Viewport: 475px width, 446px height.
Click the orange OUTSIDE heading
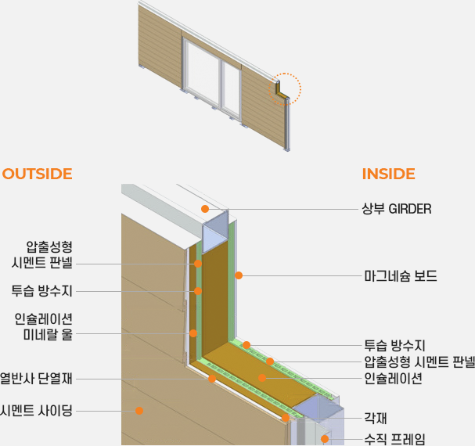point(37,174)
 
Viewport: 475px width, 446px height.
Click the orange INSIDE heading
point(388,174)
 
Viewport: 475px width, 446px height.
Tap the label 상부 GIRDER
point(397,209)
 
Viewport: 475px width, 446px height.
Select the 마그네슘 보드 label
point(401,276)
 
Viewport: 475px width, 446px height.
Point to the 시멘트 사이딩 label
point(36,410)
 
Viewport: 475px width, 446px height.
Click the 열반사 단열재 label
point(36,379)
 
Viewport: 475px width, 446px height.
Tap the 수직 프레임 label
point(394,439)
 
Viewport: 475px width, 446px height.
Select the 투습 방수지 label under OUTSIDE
point(42,291)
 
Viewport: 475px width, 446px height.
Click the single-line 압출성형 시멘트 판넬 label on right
point(419,361)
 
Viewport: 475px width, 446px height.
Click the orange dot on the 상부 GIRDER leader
point(204,209)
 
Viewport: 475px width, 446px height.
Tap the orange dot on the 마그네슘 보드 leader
point(239,275)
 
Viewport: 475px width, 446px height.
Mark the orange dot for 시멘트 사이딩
point(139,409)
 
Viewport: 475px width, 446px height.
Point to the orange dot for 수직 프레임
point(324,439)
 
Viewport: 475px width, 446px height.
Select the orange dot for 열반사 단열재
point(212,379)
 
